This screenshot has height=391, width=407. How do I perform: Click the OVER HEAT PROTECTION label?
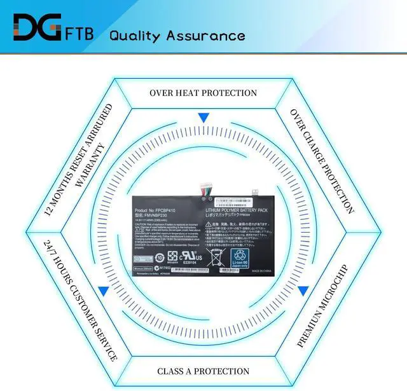coord(203,93)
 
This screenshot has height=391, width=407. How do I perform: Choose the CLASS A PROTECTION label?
coord(203,371)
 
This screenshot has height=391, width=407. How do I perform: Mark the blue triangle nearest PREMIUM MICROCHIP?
coord(303,291)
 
